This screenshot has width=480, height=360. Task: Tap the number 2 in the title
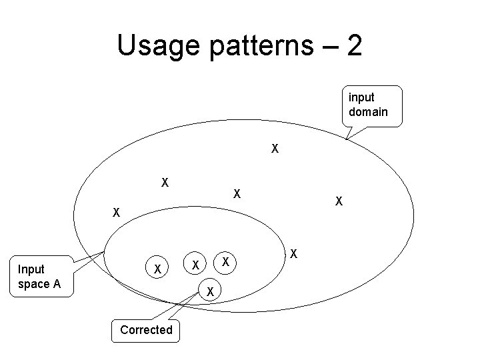(x=355, y=45)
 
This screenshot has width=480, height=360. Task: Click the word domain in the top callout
(x=367, y=111)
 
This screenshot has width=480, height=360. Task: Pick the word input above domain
(x=361, y=97)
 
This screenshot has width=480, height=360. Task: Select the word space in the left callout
(x=34, y=284)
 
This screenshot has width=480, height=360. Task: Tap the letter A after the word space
(x=57, y=284)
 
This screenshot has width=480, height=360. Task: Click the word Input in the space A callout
(x=31, y=269)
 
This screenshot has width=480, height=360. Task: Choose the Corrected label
(x=146, y=329)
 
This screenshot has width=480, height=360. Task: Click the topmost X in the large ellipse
(x=275, y=148)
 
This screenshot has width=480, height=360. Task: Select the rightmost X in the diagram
(x=339, y=201)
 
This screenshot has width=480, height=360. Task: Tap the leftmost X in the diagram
(x=116, y=213)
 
